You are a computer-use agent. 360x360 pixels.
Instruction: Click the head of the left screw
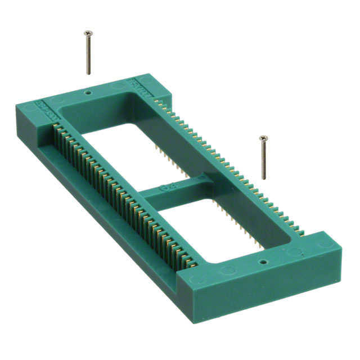point(88,33)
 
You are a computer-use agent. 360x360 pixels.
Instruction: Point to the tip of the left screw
point(88,74)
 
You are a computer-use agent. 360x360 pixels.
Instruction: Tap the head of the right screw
point(262,138)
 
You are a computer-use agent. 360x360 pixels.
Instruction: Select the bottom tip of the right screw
point(263,179)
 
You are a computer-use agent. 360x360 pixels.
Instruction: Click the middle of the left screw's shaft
point(88,54)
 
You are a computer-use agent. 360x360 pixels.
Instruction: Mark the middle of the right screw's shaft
point(263,159)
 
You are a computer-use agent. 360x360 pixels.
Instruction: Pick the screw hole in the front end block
point(262,262)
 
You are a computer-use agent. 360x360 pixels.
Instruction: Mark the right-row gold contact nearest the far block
point(163,103)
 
